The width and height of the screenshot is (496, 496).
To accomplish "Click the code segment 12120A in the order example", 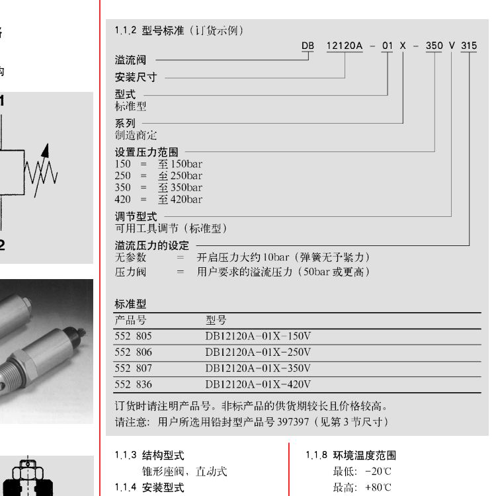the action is pyautogui.click(x=345, y=46).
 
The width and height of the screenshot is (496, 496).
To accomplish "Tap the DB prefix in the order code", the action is pyautogui.click(x=308, y=46).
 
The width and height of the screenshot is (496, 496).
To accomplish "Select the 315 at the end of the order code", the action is pyautogui.click(x=469, y=46).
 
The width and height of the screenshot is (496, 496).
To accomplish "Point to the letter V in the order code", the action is pyautogui.click(x=452, y=46).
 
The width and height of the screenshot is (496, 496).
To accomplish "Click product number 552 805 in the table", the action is pyautogui.click(x=133, y=336).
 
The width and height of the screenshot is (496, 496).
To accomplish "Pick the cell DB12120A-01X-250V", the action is pyautogui.click(x=258, y=352).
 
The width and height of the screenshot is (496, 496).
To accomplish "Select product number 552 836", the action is pyautogui.click(x=133, y=384).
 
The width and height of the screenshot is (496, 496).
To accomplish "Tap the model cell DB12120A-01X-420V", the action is pyautogui.click(x=258, y=384).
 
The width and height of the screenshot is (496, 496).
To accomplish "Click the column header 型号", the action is pyautogui.click(x=216, y=320).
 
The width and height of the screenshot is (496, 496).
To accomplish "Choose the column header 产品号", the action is pyautogui.click(x=130, y=320).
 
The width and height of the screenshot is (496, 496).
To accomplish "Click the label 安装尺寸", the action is pyautogui.click(x=136, y=77).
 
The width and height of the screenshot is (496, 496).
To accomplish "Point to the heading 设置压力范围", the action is pyautogui.click(x=146, y=152).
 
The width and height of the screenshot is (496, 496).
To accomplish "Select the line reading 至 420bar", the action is pyautogui.click(x=180, y=200).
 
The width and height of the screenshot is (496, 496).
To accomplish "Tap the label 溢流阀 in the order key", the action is pyautogui.click(x=130, y=60).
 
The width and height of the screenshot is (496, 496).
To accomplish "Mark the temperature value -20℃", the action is pyautogui.click(x=378, y=472).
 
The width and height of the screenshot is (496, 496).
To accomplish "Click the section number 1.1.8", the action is pyautogui.click(x=316, y=455).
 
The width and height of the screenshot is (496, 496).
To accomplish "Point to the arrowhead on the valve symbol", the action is pyautogui.click(x=46, y=150).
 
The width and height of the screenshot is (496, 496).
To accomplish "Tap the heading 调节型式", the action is pyautogui.click(x=136, y=217).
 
